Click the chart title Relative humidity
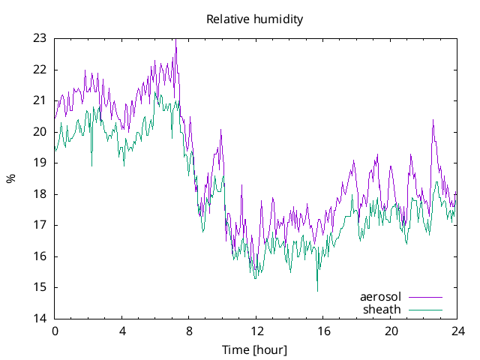point(255,19)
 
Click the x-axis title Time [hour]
point(255,349)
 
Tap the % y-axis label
point(10,178)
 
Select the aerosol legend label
point(381,297)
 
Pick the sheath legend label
point(382,309)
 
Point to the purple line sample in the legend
point(425,297)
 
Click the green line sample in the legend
point(425,309)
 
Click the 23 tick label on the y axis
point(40,38)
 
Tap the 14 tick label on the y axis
point(40,318)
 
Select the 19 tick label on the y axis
point(40,163)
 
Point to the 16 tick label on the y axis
point(40,256)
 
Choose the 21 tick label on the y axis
point(40,100)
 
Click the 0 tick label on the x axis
point(55,331)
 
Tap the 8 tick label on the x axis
point(189,331)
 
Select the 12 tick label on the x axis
point(256,331)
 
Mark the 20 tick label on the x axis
point(391,331)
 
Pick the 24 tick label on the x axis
point(457,331)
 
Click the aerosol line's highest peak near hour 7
point(175,40)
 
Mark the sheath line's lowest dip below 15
point(317,290)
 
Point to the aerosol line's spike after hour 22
point(433,120)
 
